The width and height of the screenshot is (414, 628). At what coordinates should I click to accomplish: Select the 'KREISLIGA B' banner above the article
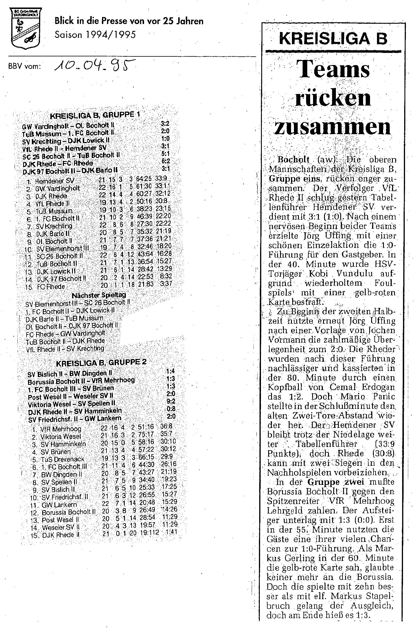click(x=333, y=39)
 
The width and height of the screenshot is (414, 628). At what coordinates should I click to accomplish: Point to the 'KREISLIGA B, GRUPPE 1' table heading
click(x=95, y=115)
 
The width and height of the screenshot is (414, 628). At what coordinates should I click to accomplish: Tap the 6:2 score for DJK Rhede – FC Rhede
click(x=166, y=162)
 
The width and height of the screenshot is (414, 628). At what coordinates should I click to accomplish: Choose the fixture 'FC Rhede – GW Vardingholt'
click(x=65, y=333)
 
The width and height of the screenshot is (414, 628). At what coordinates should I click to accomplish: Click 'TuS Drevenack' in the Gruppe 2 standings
click(x=62, y=459)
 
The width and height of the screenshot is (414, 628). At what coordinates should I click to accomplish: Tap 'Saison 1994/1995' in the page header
click(x=95, y=35)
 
